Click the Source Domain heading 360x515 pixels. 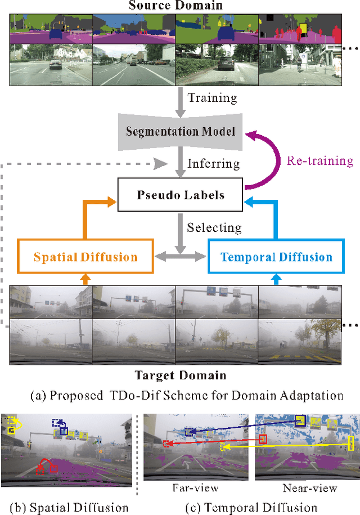click(175, 6)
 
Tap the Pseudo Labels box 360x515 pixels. click(181, 195)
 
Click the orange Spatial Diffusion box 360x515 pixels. click(85, 257)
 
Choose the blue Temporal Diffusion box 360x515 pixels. click(276, 257)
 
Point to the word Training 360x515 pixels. click(212, 97)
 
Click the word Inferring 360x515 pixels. click(214, 164)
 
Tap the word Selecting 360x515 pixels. click(214, 228)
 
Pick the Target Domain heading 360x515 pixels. click(180, 375)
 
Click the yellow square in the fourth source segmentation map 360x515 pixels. click(304, 28)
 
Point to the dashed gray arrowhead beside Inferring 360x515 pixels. click(162, 164)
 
